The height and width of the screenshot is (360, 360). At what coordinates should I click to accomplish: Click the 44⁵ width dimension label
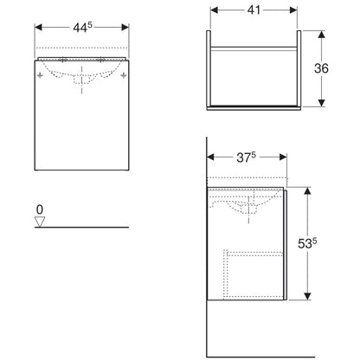click(x=82, y=28)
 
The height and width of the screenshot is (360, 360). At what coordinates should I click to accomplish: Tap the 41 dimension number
click(x=254, y=10)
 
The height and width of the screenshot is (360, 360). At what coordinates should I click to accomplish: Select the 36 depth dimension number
click(x=321, y=68)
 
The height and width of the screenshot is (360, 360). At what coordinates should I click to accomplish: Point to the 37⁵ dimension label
click(x=246, y=157)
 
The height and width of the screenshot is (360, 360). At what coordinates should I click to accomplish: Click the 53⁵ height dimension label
click(x=307, y=243)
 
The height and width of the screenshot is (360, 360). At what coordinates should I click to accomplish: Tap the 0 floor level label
click(x=40, y=209)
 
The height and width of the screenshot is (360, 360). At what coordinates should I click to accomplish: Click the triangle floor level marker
click(x=40, y=222)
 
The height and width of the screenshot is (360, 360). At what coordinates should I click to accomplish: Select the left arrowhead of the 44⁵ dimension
click(x=38, y=28)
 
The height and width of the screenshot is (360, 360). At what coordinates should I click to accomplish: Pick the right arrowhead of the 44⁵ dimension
click(x=125, y=28)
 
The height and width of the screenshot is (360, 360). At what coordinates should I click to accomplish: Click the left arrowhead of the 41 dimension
click(x=215, y=10)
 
